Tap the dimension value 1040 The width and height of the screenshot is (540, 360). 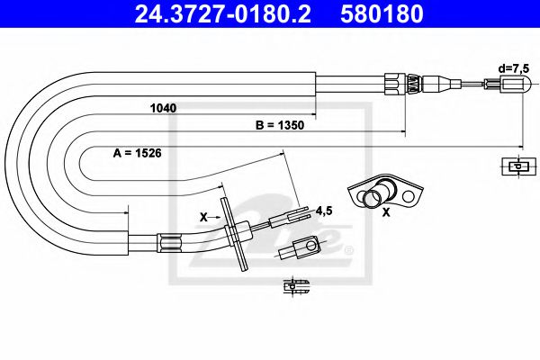point(163,108)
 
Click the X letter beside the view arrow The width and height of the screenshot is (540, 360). point(202,217)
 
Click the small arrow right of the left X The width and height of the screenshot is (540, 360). point(218,217)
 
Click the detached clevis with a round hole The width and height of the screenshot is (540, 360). point(301,246)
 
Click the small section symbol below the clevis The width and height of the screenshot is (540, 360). point(295,287)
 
